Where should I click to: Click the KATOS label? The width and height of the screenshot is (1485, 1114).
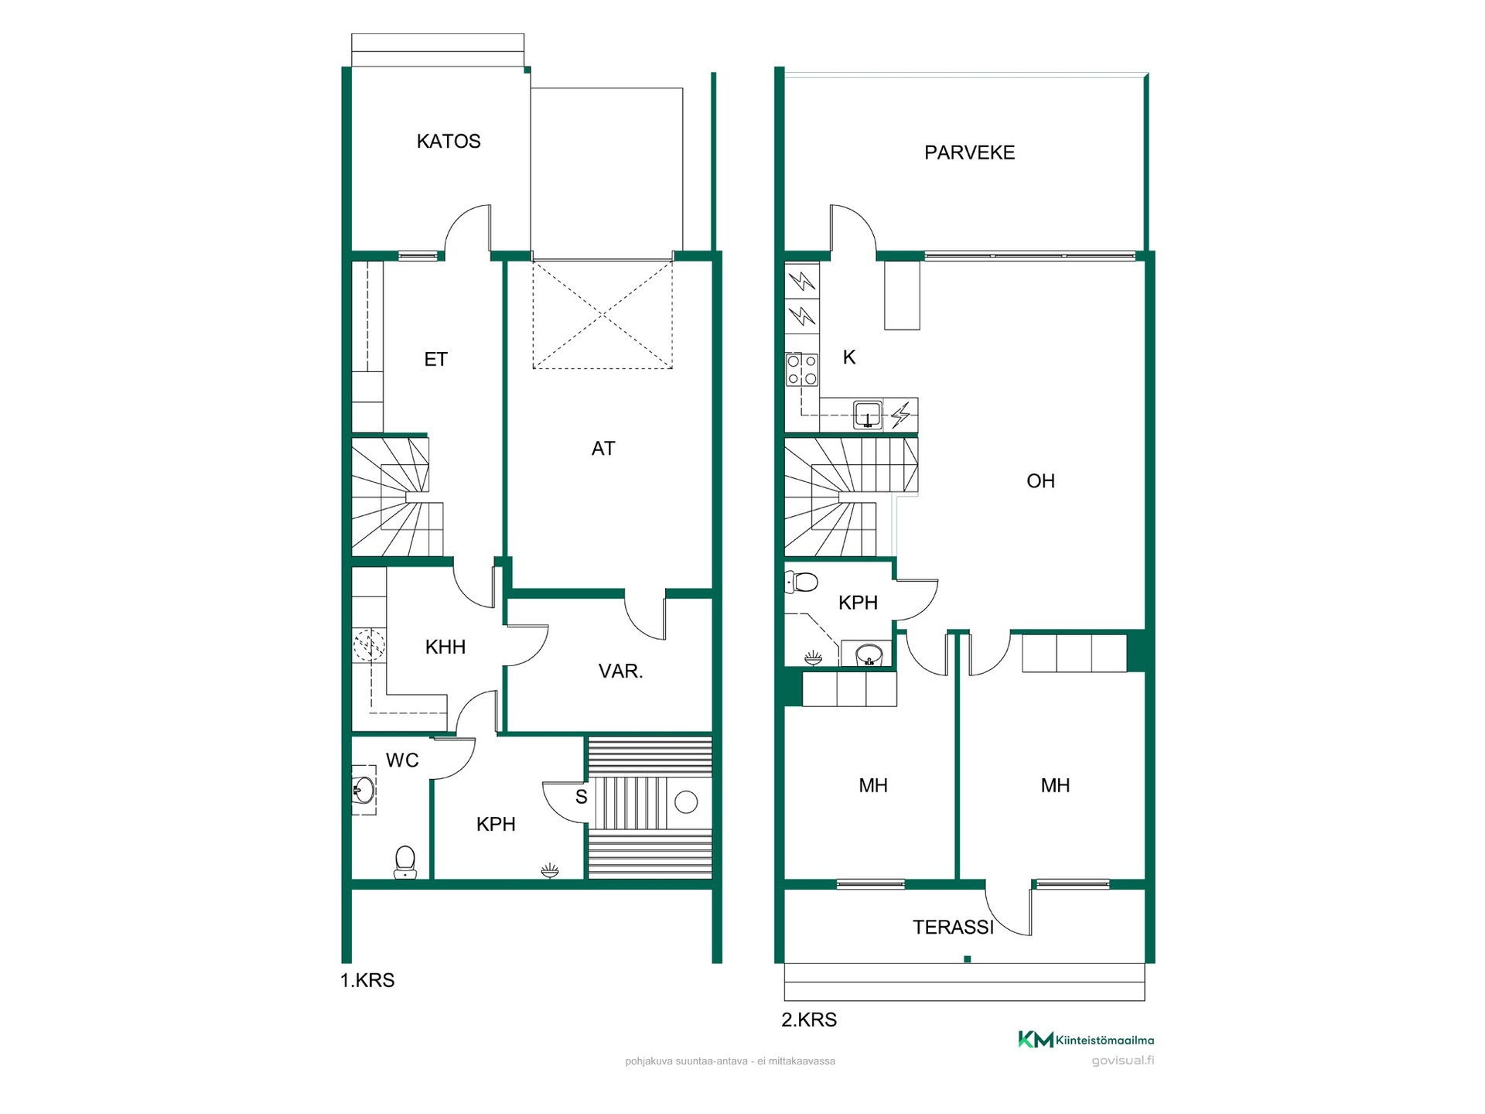(449, 141)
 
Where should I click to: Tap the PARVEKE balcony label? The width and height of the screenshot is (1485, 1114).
(969, 152)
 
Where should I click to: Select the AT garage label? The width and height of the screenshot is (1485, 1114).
(603, 449)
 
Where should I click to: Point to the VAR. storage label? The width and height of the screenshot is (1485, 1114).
(620, 671)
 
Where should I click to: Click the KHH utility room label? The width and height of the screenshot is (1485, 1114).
(445, 647)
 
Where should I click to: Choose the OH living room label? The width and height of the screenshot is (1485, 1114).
(1040, 481)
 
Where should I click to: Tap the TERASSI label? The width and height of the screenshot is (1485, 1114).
(953, 927)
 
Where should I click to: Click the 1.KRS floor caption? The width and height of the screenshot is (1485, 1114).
(367, 980)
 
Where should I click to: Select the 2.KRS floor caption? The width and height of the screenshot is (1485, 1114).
(809, 1020)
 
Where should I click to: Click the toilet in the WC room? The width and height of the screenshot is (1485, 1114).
(405, 862)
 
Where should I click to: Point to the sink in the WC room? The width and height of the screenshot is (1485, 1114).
(364, 791)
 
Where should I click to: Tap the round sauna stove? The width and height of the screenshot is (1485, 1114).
(686, 802)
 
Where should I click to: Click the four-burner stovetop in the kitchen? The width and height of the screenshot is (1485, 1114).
(802, 370)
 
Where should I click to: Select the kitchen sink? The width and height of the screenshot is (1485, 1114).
(868, 415)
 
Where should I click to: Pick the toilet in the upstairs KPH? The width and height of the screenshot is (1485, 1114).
(801, 582)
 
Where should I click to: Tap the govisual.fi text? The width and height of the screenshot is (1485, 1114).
(1123, 1061)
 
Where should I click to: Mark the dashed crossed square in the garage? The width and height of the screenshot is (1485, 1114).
(603, 315)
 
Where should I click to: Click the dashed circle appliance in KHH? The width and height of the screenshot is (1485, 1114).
(369, 645)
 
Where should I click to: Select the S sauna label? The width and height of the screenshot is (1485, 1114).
(582, 797)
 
